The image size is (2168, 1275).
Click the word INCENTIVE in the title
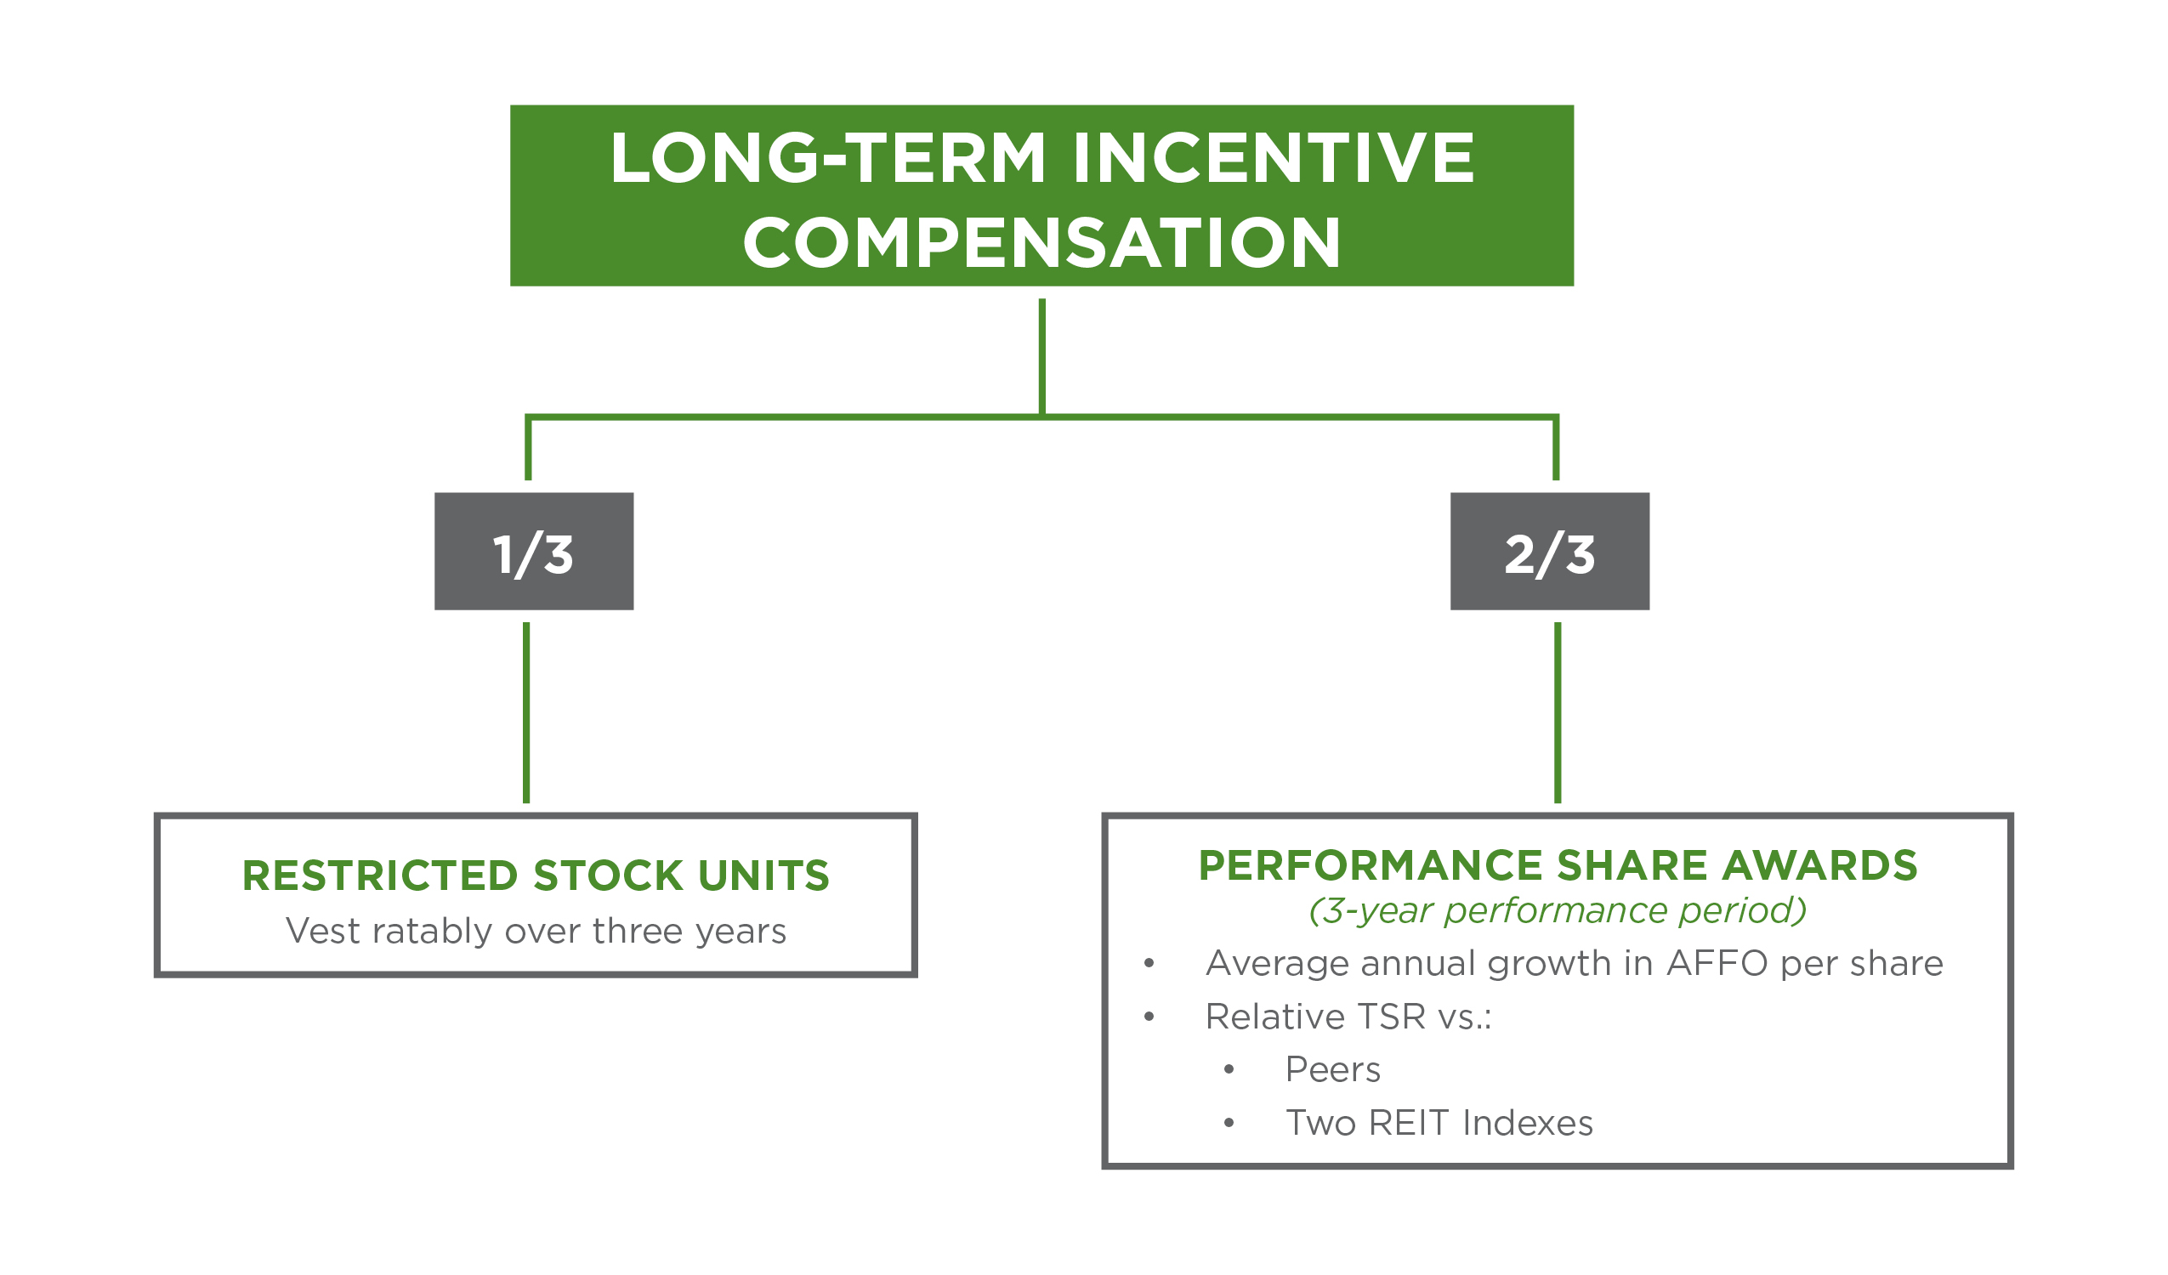pos(1274,158)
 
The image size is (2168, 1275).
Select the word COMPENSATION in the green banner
pos(1041,242)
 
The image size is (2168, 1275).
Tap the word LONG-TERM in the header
pos(827,158)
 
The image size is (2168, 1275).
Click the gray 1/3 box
pos(533,552)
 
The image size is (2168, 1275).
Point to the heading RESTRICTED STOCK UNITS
pos(535,875)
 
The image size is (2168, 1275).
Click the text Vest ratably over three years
pos(535,932)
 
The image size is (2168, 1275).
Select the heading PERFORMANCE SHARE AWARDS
pos(1558,866)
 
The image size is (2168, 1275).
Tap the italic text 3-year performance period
pos(1558,911)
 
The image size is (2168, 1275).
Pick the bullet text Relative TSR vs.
pos(1348,1017)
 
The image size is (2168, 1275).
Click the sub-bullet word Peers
pos(1331,1070)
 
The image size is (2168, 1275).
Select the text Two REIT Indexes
pos(1439,1124)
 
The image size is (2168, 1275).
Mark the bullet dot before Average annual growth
pos(1149,965)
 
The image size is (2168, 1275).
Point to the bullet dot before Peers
pos(1229,1070)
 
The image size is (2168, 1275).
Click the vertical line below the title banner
pos(1041,357)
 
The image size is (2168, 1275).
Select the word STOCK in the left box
pos(608,875)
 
